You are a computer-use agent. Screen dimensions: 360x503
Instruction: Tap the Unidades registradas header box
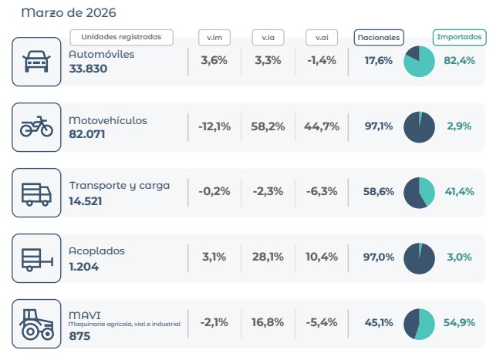point(121,37)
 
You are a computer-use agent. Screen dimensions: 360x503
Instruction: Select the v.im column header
point(214,37)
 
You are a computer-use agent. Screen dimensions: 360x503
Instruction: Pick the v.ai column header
point(321,37)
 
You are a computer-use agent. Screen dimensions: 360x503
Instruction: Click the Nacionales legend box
point(379,37)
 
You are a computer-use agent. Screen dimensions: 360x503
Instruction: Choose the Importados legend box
point(460,36)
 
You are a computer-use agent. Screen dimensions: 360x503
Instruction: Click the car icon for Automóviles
point(36,62)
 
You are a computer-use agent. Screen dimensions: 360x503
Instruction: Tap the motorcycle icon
point(36,126)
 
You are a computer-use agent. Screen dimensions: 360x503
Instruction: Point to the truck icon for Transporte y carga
point(36,192)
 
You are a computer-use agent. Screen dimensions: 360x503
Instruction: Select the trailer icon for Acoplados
point(36,257)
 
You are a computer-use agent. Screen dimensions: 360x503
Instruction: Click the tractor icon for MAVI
point(36,323)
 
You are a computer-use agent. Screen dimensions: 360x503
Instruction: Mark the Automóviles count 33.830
point(88,69)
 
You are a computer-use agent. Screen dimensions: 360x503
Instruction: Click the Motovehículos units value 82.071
point(88,134)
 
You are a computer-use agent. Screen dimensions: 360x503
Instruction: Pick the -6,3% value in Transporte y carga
point(322,192)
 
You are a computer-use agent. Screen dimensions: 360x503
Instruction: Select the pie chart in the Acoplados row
point(420,257)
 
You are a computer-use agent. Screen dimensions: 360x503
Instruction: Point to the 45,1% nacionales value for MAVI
point(379,323)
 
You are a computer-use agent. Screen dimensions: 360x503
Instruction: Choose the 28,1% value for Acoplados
point(268,257)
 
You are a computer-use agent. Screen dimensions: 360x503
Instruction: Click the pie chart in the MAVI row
point(420,323)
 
